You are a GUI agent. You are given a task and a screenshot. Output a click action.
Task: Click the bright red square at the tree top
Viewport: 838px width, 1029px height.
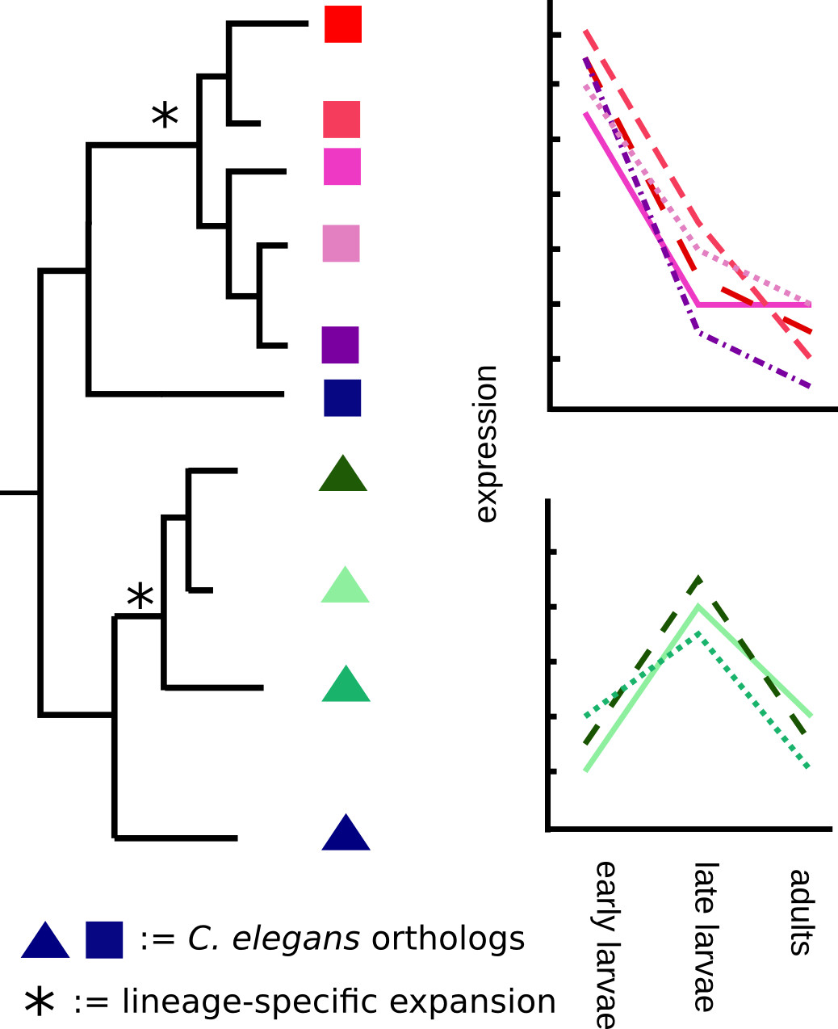[342, 24]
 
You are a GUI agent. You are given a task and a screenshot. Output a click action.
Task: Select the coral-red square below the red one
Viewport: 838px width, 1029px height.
[341, 120]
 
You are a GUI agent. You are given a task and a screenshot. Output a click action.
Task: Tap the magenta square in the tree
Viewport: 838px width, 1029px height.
[342, 166]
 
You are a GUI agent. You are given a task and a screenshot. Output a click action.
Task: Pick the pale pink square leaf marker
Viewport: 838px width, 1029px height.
[341, 243]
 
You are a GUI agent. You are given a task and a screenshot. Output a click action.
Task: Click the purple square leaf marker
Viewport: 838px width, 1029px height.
[340, 345]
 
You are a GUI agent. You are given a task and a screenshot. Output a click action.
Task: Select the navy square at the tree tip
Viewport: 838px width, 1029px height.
[342, 397]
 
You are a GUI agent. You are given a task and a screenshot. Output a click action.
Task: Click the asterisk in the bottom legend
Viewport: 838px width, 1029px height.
[40, 1002]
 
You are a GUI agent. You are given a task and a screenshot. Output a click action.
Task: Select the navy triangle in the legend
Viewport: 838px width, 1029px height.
[45, 942]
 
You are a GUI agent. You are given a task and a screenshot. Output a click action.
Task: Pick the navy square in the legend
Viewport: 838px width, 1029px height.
[104, 939]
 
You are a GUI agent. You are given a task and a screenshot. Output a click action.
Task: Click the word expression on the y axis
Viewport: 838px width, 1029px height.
[486, 444]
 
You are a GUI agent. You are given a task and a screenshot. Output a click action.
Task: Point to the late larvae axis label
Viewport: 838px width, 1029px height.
[705, 937]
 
